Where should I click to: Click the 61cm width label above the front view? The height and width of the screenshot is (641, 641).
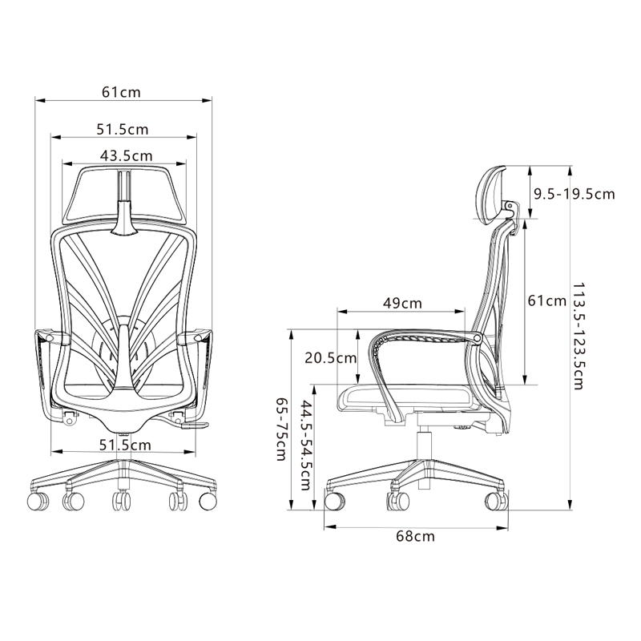121,92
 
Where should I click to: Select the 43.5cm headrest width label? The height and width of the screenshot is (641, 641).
126,155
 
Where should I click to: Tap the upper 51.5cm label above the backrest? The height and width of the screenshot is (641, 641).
123,130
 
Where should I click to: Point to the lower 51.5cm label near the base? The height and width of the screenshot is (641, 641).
125,445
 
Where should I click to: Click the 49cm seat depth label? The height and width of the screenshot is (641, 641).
402,304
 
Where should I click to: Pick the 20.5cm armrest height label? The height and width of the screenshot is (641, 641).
331,358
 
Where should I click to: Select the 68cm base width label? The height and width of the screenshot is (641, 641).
415,536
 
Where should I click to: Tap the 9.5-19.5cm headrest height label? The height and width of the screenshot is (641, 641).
574,194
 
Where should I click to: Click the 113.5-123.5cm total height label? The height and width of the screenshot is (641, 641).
578,335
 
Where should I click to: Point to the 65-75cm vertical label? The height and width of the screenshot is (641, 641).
281,429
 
